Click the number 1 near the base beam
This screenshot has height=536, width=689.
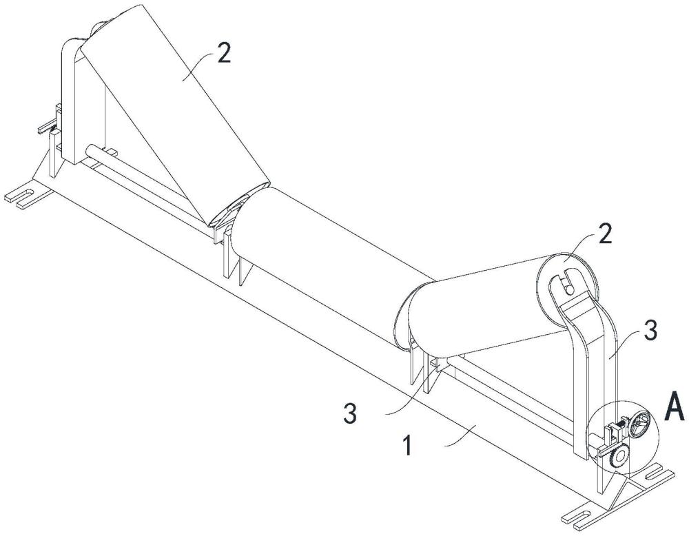pyautogui.click(x=407, y=446)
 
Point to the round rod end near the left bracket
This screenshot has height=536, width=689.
pyautogui.click(x=90, y=150)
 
